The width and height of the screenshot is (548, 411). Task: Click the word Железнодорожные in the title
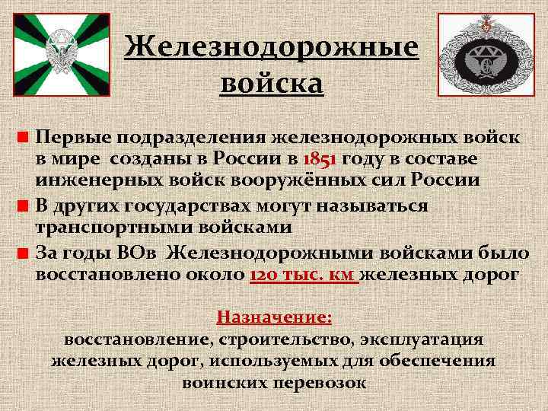coord(272,47)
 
